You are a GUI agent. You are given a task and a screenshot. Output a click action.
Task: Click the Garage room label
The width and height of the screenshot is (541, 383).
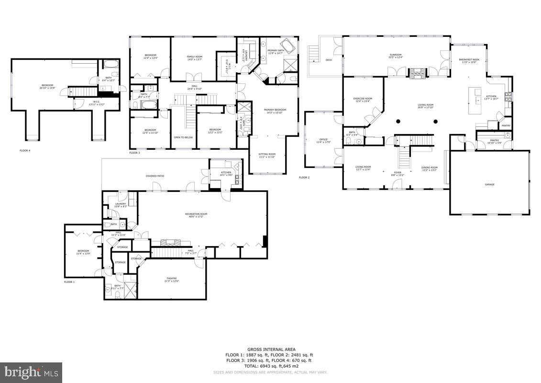tap(489, 184)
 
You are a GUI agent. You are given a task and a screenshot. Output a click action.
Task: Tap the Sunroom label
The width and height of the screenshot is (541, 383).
tap(395, 56)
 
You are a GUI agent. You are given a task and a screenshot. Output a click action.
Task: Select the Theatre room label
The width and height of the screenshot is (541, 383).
tap(171, 280)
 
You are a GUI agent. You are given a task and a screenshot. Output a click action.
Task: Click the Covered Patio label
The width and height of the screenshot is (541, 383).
tap(155, 176)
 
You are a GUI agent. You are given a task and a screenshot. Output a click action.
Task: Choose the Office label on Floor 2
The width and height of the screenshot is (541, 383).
tap(324, 141)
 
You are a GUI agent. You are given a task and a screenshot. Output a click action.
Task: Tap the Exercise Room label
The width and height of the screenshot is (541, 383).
tap(363, 100)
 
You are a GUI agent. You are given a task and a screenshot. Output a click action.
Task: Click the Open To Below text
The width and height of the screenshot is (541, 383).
tap(183, 137)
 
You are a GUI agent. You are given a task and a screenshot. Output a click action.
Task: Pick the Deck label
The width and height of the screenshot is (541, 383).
tap(329, 60)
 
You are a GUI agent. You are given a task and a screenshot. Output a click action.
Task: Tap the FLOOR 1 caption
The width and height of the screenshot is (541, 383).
tap(69, 282)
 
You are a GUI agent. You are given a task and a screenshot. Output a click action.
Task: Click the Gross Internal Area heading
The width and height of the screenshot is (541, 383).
tap(271, 349)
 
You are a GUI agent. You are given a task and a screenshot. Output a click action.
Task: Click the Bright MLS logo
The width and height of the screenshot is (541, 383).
tap(31, 372)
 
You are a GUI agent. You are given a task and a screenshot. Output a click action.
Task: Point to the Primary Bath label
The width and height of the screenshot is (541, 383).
tap(276, 51)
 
